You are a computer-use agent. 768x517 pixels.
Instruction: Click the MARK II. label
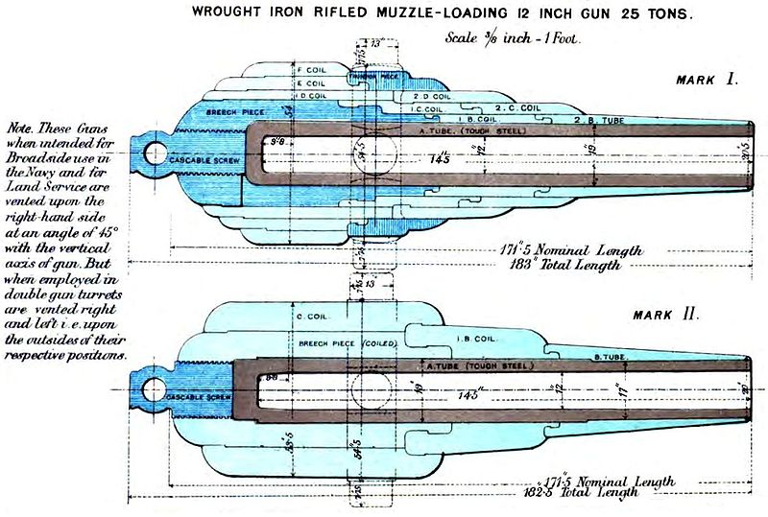[668, 315]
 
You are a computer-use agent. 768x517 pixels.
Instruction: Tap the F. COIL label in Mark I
[312, 70]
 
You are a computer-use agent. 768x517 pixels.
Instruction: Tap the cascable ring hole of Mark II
[152, 388]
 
